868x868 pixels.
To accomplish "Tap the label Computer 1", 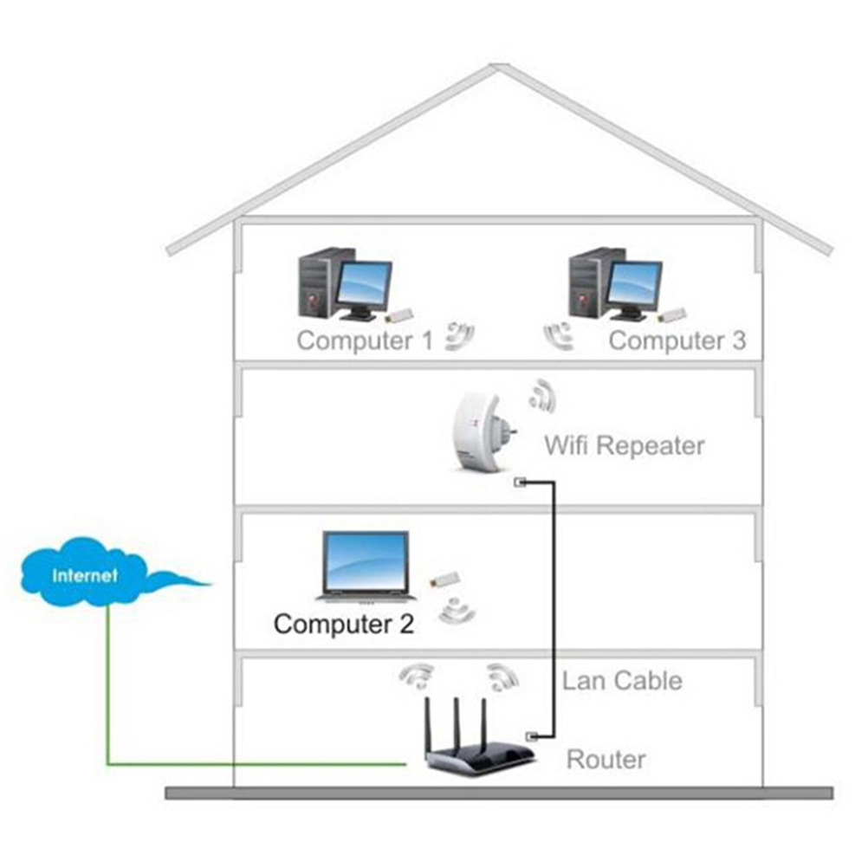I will [364, 340].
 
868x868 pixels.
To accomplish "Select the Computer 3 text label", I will [677, 340].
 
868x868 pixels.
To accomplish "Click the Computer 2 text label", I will [344, 624].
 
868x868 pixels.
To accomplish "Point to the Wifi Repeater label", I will [624, 446].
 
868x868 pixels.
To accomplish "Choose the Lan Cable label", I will [622, 680].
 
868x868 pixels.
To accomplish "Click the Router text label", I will [606, 760].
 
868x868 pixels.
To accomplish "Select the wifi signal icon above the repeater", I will [542, 394].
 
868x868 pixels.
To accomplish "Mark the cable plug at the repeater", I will [521, 483].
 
